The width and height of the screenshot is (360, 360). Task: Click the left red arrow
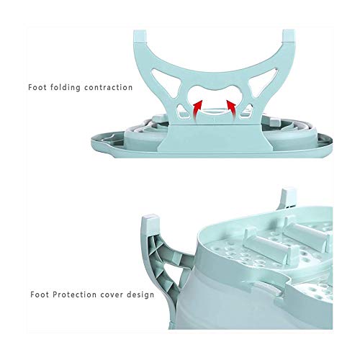[197, 110]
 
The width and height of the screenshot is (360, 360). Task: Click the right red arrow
[232, 110]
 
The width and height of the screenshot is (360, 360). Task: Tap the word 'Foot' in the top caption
[37, 87]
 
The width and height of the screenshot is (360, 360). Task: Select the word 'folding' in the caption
[66, 88]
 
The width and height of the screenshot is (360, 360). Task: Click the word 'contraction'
[108, 87]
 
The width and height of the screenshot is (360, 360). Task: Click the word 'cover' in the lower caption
[112, 294]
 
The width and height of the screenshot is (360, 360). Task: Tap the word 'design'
[140, 294]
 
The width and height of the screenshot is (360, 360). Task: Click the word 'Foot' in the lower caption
[40, 294]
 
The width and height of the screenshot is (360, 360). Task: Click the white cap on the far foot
[289, 197]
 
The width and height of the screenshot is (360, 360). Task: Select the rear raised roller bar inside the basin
[308, 232]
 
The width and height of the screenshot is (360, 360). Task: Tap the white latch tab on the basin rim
[267, 289]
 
